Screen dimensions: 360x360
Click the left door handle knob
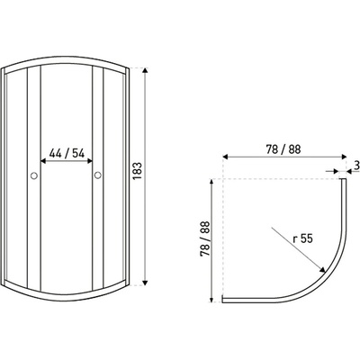pyautogui.click(x=34, y=175)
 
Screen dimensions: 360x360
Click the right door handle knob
pyautogui.click(x=98, y=175)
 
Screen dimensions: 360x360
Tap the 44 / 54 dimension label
pyautogui.click(x=67, y=153)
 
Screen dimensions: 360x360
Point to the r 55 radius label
pyautogui.click(x=303, y=238)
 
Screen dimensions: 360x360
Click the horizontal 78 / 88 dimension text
pyautogui.click(x=283, y=149)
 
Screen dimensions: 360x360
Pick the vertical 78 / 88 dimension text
pyautogui.click(x=205, y=239)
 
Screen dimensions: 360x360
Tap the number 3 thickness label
pyautogui.click(x=356, y=166)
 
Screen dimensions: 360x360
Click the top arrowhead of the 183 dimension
pyautogui.click(x=145, y=70)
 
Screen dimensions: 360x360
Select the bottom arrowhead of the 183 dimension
pyautogui.click(x=145, y=283)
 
